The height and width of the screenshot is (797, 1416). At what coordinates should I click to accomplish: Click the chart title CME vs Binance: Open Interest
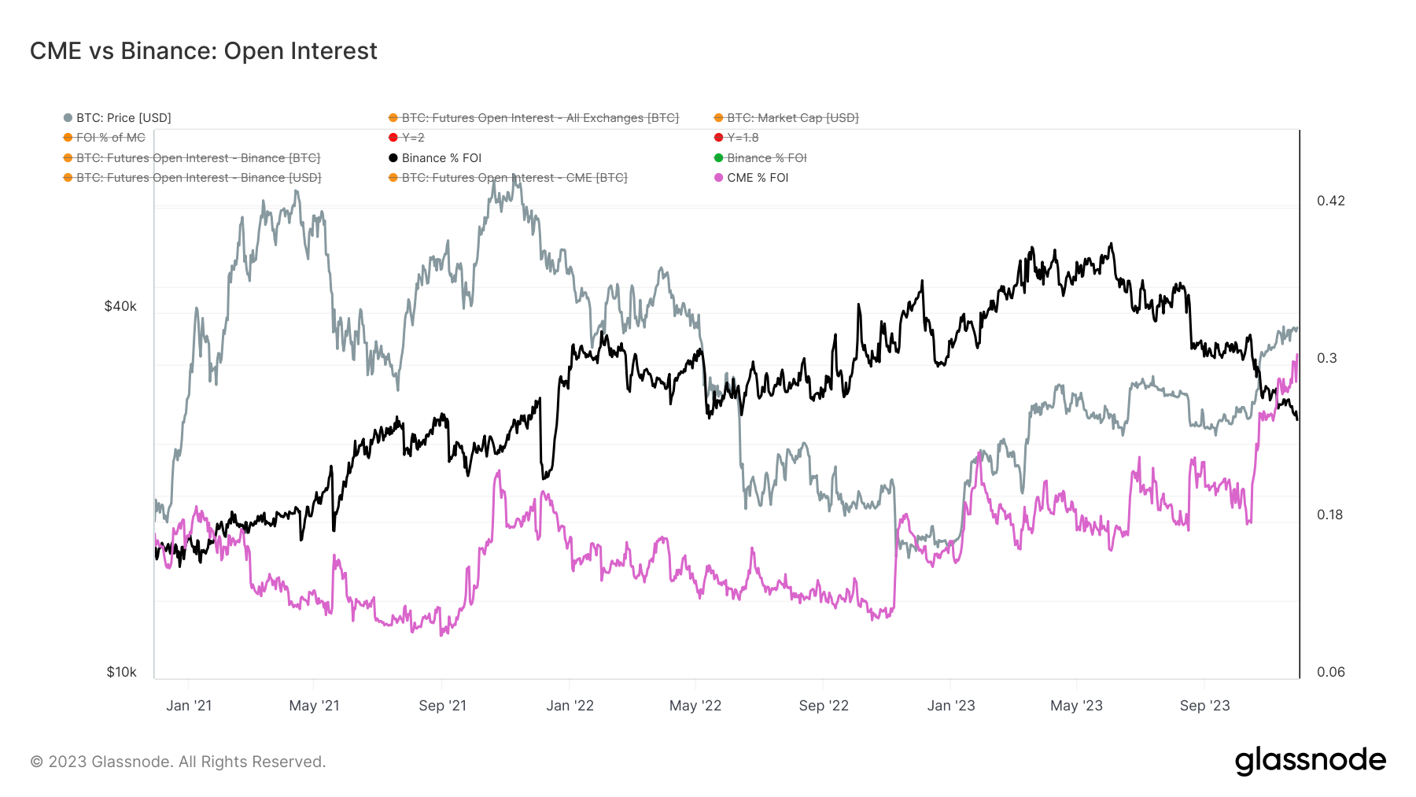pos(203,51)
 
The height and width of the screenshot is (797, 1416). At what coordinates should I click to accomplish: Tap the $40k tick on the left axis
pos(120,306)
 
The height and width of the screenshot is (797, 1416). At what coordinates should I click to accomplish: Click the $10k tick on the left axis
pos(121,672)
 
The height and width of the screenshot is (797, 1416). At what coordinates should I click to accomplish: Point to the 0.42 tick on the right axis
pos(1331,201)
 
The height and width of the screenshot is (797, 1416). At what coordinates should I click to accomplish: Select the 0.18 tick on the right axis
pos(1330,515)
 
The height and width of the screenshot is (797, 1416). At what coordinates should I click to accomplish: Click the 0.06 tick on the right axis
pos(1330,672)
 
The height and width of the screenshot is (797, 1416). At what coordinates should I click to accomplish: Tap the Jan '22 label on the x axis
pos(570,706)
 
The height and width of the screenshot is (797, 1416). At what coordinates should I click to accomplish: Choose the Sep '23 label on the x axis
pos(1204,706)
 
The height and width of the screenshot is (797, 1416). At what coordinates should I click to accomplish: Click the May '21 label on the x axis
pos(314,706)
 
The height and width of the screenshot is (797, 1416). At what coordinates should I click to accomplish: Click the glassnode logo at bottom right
pos(1310,760)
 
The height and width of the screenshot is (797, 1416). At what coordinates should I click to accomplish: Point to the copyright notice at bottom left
pos(178,762)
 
